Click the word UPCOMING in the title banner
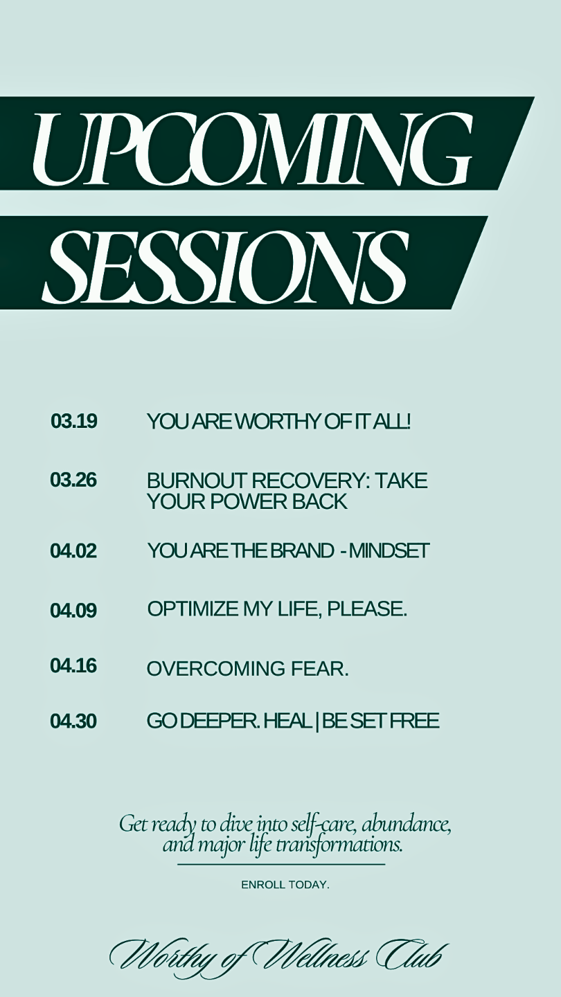252,150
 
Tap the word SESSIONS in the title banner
225,264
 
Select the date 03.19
74,421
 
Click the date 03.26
73,480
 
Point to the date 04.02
73,551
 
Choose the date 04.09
73,610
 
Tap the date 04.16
73,666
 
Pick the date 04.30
73,721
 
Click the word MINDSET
389,550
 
